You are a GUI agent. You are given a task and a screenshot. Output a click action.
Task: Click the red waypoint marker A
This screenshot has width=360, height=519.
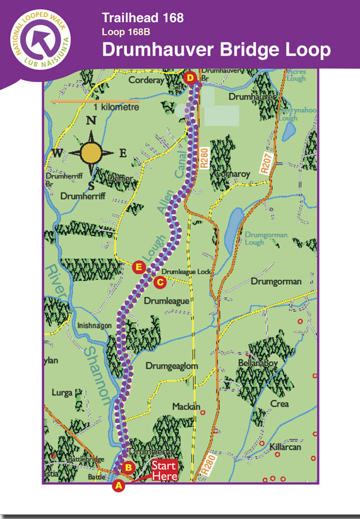click(x=117, y=486)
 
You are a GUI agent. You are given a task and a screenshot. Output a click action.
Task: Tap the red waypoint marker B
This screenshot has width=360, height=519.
click(x=129, y=467)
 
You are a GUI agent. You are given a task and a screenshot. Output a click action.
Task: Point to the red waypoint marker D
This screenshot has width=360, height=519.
click(x=190, y=78)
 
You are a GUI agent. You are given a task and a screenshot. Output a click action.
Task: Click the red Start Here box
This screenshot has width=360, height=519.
click(x=165, y=471)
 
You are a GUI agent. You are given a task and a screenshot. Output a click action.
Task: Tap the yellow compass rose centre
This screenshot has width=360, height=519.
click(x=92, y=152)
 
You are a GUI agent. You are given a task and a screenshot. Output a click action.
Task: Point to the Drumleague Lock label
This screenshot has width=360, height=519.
click(x=190, y=272)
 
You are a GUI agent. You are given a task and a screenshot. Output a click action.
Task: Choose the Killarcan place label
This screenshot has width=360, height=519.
click(x=285, y=447)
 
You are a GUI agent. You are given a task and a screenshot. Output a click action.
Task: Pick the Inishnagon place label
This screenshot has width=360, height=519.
click(x=95, y=326)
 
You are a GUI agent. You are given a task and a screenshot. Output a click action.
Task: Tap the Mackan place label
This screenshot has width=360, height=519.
click(x=186, y=407)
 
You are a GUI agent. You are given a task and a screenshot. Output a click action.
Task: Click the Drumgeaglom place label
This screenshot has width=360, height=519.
click(x=172, y=366)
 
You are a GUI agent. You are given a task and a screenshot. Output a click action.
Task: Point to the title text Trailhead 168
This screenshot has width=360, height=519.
click(x=142, y=18)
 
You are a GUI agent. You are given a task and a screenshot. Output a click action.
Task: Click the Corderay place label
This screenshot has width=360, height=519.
click(x=146, y=81)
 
